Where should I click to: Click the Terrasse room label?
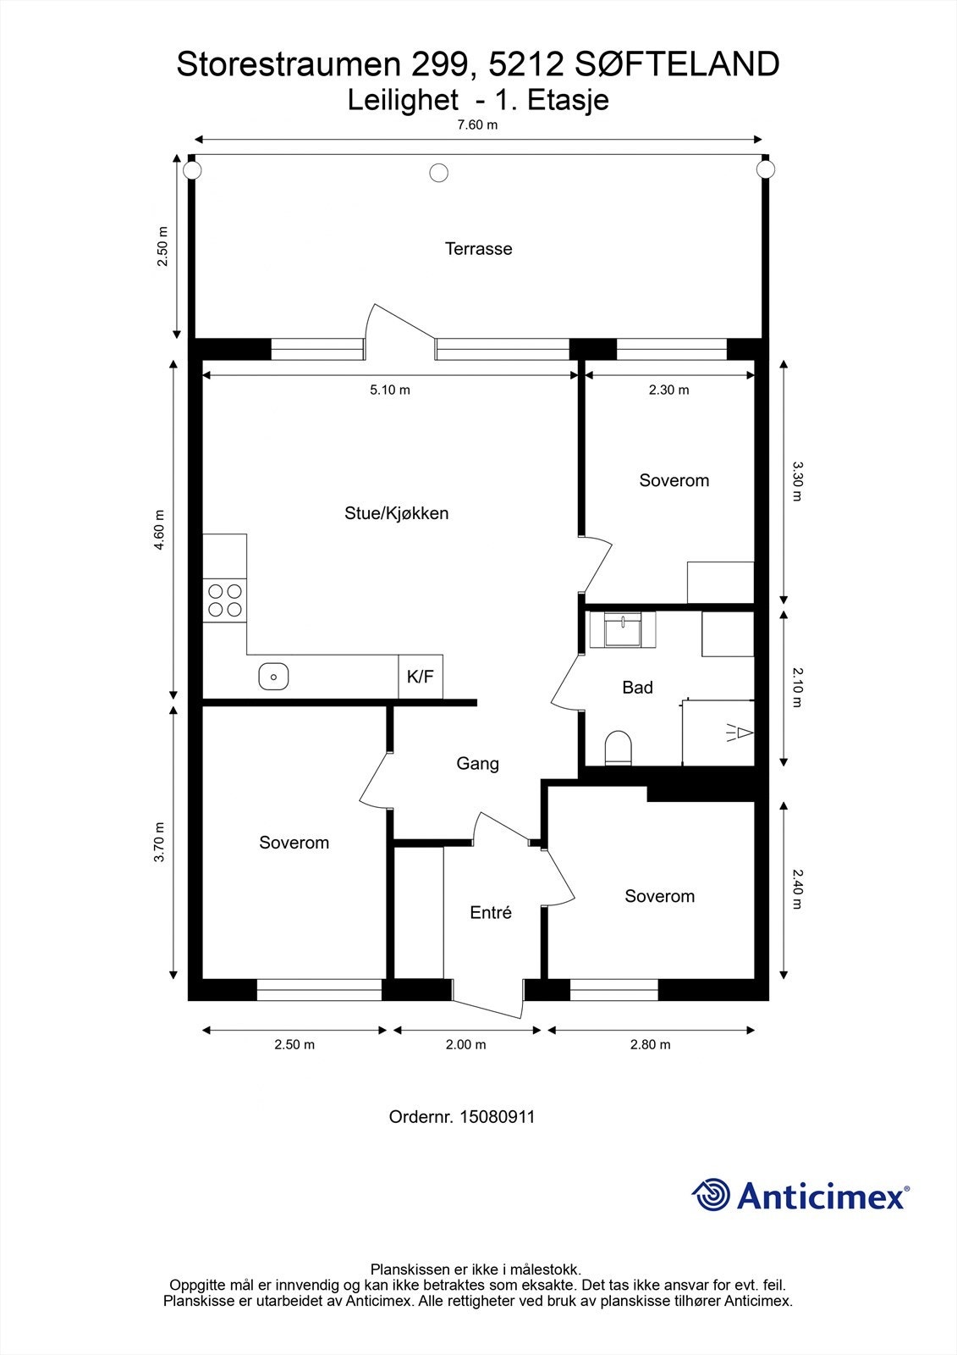point(478,249)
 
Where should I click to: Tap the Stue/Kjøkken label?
point(397,513)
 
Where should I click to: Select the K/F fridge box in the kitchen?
point(421,677)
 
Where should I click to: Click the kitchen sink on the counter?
point(273,677)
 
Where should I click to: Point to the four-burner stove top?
point(225,600)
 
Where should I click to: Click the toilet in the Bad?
point(618,749)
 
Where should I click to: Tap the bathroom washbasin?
point(623,630)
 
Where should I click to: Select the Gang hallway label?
point(477,763)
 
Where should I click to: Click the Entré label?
point(491,912)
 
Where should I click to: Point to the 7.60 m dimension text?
point(477,125)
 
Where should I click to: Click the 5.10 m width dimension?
point(390,390)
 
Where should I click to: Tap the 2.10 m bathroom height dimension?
point(798,687)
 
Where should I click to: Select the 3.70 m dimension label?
point(159,842)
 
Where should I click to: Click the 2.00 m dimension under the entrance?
point(466,1045)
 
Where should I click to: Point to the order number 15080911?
point(498,1117)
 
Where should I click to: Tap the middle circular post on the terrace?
point(439,173)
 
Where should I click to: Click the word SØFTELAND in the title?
point(677,64)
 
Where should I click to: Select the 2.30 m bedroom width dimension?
point(668,390)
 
